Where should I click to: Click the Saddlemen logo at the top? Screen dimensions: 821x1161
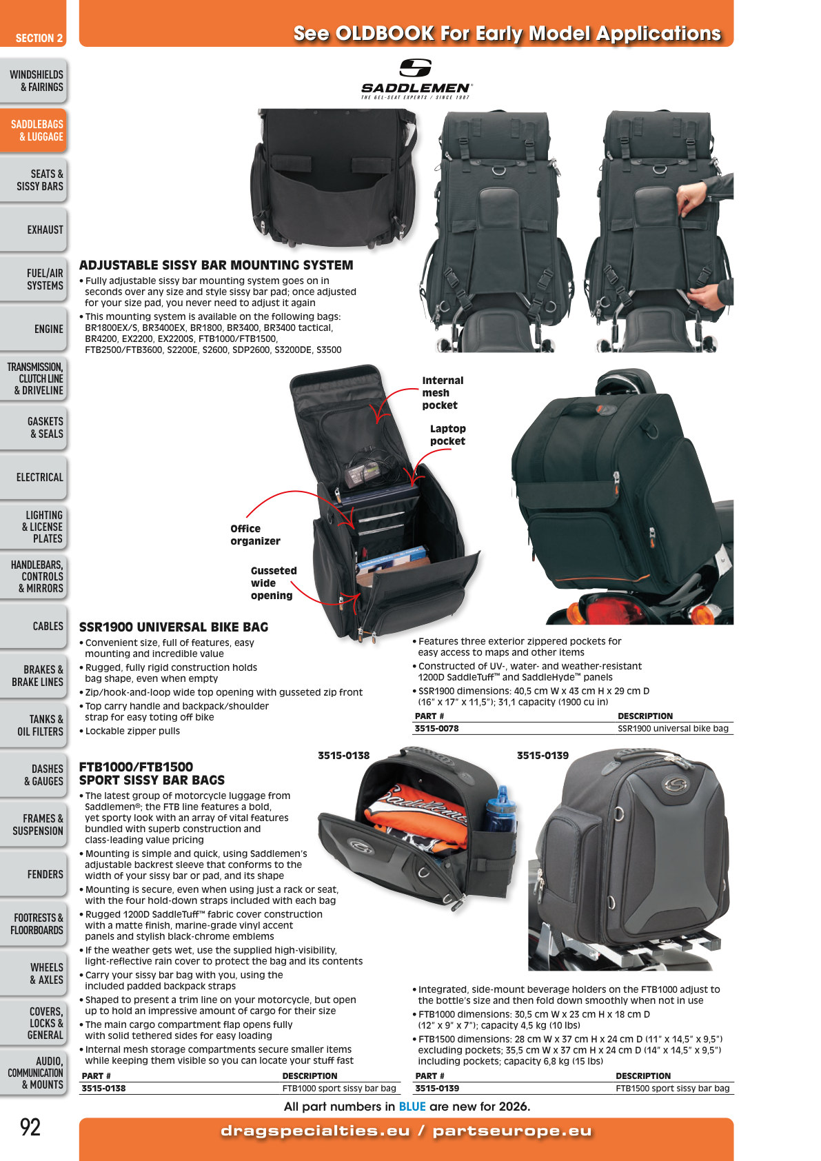[416, 79]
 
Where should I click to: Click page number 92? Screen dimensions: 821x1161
[30, 1127]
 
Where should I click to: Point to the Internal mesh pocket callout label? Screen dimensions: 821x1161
[443, 393]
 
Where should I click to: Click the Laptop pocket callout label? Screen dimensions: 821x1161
[448, 435]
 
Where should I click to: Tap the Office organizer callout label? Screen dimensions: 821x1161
[255, 535]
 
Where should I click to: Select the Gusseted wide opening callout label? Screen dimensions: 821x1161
[274, 583]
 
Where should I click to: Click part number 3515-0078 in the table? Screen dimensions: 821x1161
[436, 728]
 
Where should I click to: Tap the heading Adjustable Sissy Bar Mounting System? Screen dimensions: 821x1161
[216, 265]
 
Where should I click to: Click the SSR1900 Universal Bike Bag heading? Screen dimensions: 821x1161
[174, 627]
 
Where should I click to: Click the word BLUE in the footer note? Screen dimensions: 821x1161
[412, 1107]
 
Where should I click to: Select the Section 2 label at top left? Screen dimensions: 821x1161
[39, 39]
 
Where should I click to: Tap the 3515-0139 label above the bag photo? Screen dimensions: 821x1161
[543, 756]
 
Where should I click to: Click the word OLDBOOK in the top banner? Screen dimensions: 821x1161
[385, 34]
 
